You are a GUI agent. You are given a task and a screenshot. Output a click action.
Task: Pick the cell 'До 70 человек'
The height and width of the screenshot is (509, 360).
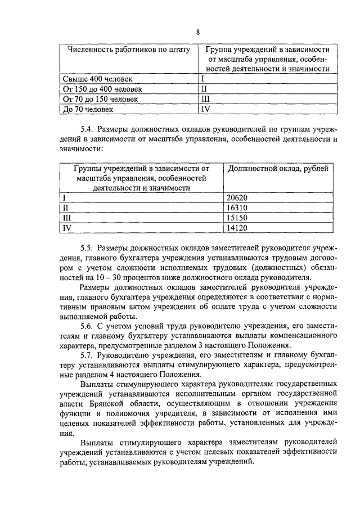pyautogui.click(x=88, y=109)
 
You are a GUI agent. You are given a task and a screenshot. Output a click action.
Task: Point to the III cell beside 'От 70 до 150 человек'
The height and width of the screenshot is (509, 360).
pyautogui.click(x=205, y=99)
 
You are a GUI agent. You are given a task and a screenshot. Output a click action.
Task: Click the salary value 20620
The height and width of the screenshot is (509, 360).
pyautogui.click(x=237, y=197)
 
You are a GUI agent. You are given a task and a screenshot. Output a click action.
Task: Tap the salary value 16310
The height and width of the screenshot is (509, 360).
pyautogui.click(x=237, y=208)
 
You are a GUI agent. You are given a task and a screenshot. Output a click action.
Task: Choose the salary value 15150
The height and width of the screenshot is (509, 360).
pyautogui.click(x=237, y=218)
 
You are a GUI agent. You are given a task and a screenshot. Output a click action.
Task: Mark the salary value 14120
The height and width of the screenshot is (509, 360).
pyautogui.click(x=237, y=228)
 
